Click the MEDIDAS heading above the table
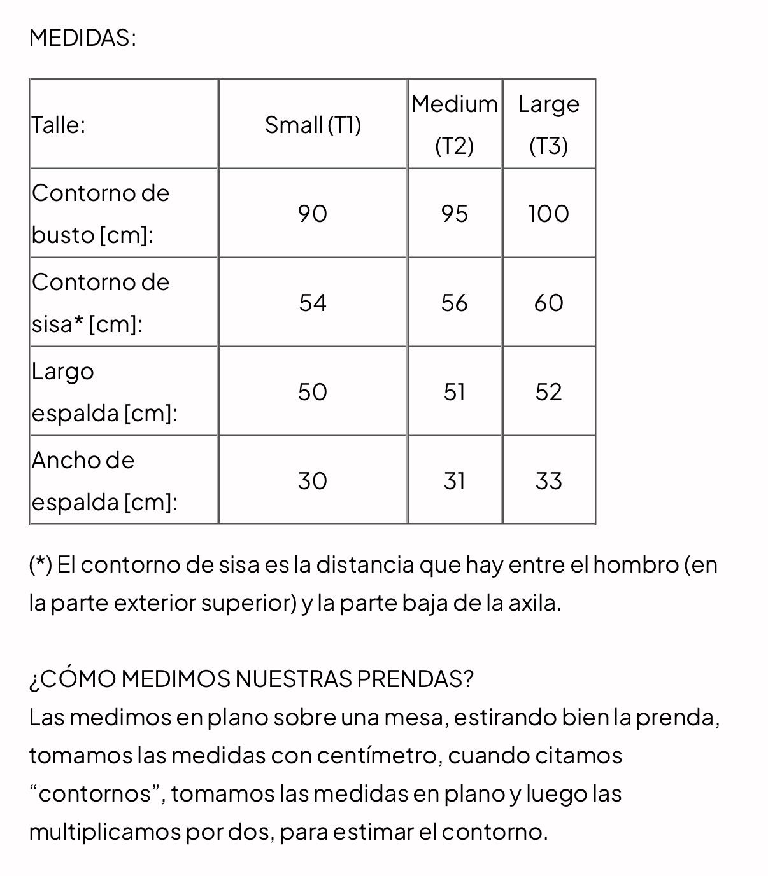[82, 38]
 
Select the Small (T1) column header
[313, 125]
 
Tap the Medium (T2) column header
[454, 124]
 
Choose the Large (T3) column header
[548, 124]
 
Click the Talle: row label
[58, 125]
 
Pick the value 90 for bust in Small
[313, 214]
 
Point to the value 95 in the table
[454, 214]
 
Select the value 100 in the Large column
[548, 214]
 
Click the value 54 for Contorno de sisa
[313, 303]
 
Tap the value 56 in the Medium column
[454, 303]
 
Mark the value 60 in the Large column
[548, 303]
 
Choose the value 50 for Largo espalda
[313, 392]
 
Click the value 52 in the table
[548, 392]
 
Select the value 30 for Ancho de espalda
[313, 481]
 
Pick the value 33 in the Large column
[548, 481]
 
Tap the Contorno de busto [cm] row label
[101, 214]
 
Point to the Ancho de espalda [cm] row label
[104, 481]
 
